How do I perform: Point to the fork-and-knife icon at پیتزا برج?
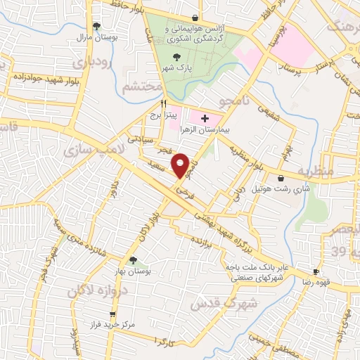tap(163, 102)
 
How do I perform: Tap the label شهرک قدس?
tap(216, 302)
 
